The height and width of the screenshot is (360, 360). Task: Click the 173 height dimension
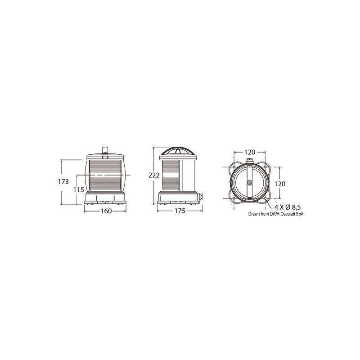63,182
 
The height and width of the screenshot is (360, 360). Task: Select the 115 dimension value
78,190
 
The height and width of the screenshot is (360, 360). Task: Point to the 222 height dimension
154,175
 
